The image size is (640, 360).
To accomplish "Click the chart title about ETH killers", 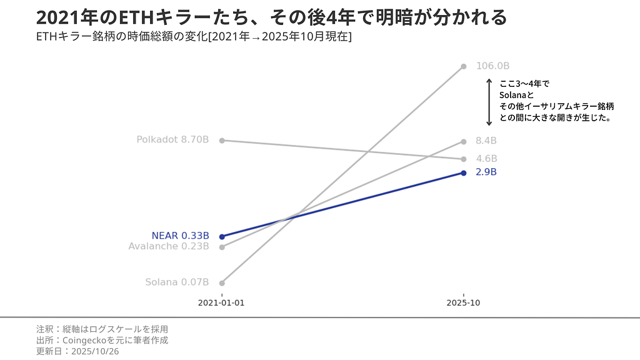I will pos(271,17).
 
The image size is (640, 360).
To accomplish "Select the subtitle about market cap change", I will pos(194,37).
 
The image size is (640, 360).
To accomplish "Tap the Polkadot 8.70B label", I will pos(172,140).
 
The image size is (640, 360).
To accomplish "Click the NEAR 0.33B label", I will pos(180,236).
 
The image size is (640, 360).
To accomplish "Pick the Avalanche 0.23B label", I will pos(169,246).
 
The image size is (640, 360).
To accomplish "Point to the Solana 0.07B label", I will pos(177,282).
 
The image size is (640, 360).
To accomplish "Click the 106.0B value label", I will pos(493,66).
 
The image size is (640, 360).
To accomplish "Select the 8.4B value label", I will pos(486,141).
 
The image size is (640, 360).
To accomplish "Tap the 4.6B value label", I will pos(486,159).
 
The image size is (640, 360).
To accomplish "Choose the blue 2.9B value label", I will pos(486,172).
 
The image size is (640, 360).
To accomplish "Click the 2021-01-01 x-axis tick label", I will pos(221,303).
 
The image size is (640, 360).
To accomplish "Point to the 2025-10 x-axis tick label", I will pos(463,303).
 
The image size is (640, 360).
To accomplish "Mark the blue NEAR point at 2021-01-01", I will pos(222,236).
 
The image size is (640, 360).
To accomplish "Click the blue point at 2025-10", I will pos(463,172).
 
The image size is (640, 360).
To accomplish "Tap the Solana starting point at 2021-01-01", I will pos(222,282).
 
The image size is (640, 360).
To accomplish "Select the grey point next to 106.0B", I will pos(463,66).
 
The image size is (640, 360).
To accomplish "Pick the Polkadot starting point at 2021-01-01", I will pos(222,140).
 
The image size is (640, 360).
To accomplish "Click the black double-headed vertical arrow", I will pos(489,102).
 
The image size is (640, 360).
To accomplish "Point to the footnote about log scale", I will pos(102,329).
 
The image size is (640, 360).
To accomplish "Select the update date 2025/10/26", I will pos(77,351).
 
